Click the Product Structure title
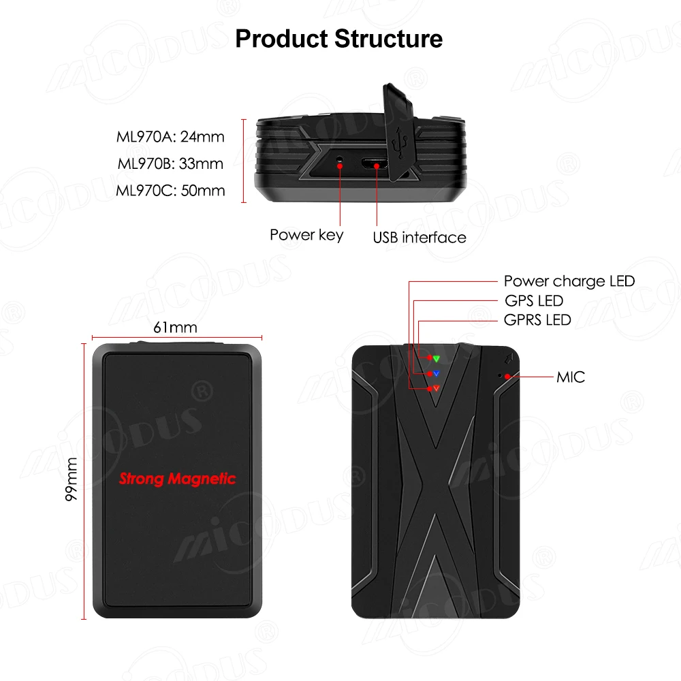[x=338, y=38]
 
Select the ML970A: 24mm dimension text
[x=170, y=137]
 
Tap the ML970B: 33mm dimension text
[x=170, y=163]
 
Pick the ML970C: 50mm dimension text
[x=170, y=190]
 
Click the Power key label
[x=306, y=235]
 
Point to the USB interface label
[x=419, y=237]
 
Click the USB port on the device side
[x=375, y=164]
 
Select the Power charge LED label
[x=569, y=281]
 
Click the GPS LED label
[x=533, y=300]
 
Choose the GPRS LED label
[x=537, y=319]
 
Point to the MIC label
[x=570, y=377]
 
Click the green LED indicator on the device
[x=437, y=358]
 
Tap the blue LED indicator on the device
[x=436, y=373]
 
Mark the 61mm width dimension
[x=175, y=328]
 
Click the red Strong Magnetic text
[x=177, y=479]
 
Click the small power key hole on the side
[x=340, y=162]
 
